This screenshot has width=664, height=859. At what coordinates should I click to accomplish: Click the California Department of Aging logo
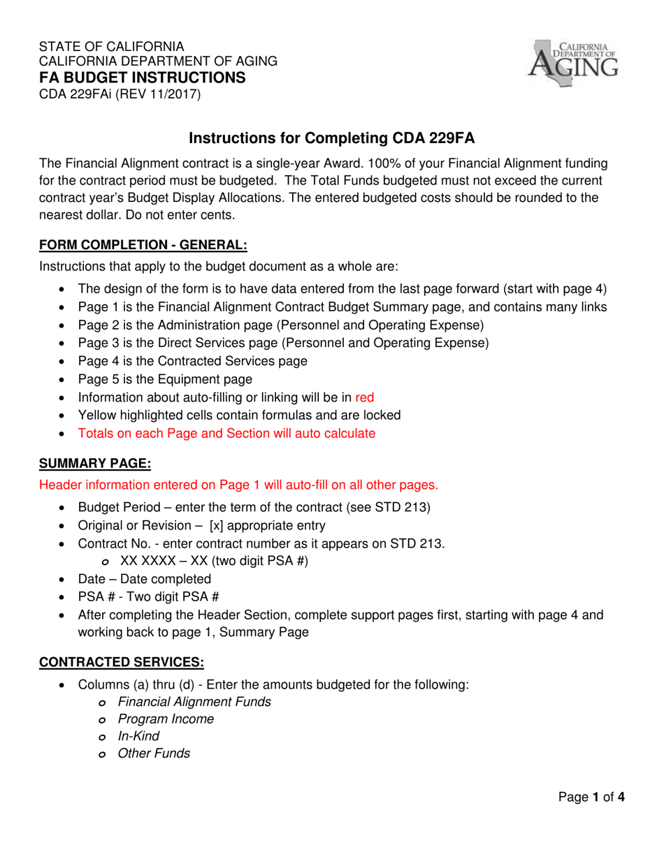pos(573,60)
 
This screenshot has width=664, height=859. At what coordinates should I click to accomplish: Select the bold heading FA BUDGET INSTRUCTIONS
pos(142,77)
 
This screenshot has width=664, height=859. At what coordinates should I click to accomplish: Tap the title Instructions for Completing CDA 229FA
pos(332,139)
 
